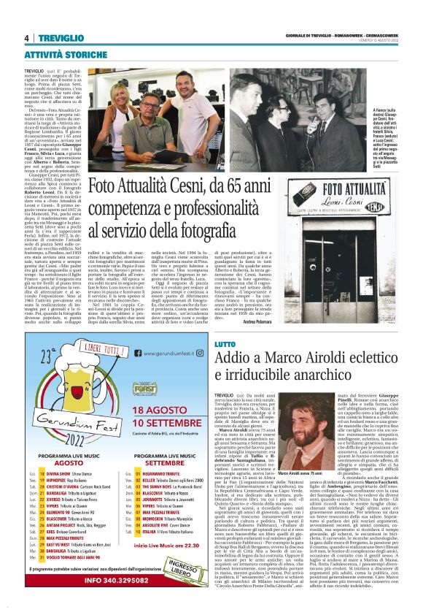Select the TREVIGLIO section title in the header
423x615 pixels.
click(x=61, y=38)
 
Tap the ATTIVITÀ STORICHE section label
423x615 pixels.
click(x=66, y=54)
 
